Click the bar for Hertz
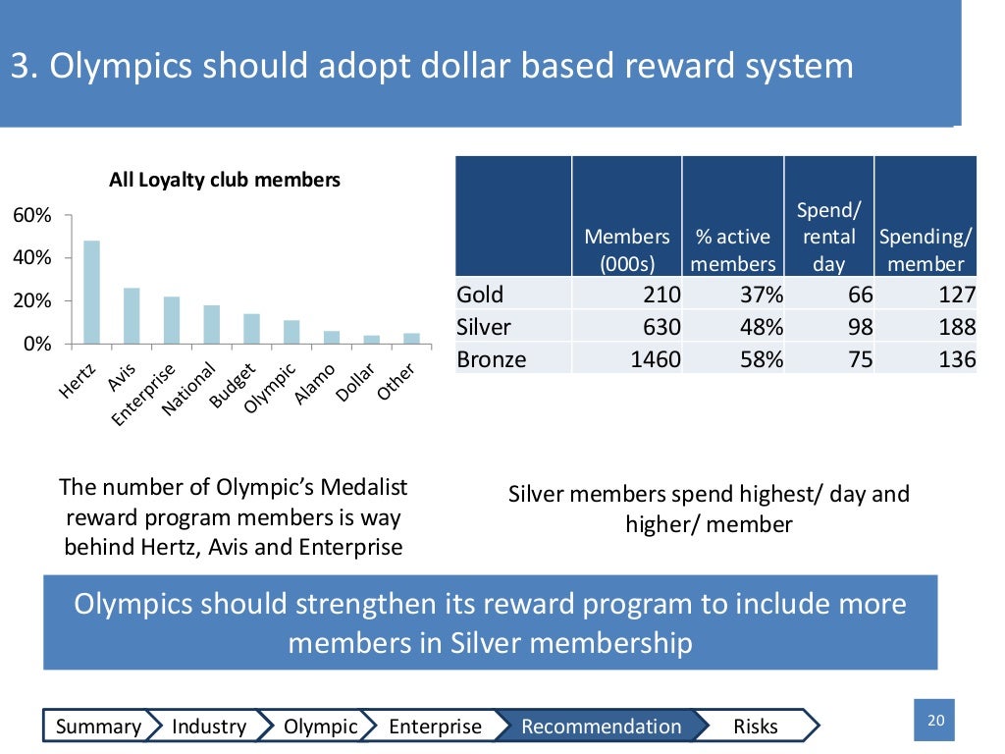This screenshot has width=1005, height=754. [x=91, y=292]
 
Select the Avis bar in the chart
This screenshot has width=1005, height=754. [x=132, y=315]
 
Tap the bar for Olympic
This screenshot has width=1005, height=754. [x=291, y=332]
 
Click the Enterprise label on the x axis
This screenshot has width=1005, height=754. [x=143, y=395]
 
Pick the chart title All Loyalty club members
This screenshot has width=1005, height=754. [x=225, y=180]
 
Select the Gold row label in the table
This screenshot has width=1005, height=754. [x=480, y=295]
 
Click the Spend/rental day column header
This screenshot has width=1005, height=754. [x=827, y=237]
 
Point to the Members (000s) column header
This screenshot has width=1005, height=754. [x=627, y=250]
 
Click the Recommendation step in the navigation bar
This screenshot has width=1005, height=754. [x=601, y=727]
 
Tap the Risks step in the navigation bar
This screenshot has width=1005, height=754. [x=756, y=727]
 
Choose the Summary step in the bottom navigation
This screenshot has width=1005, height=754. [x=98, y=727]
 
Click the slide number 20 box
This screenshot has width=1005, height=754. [x=935, y=721]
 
